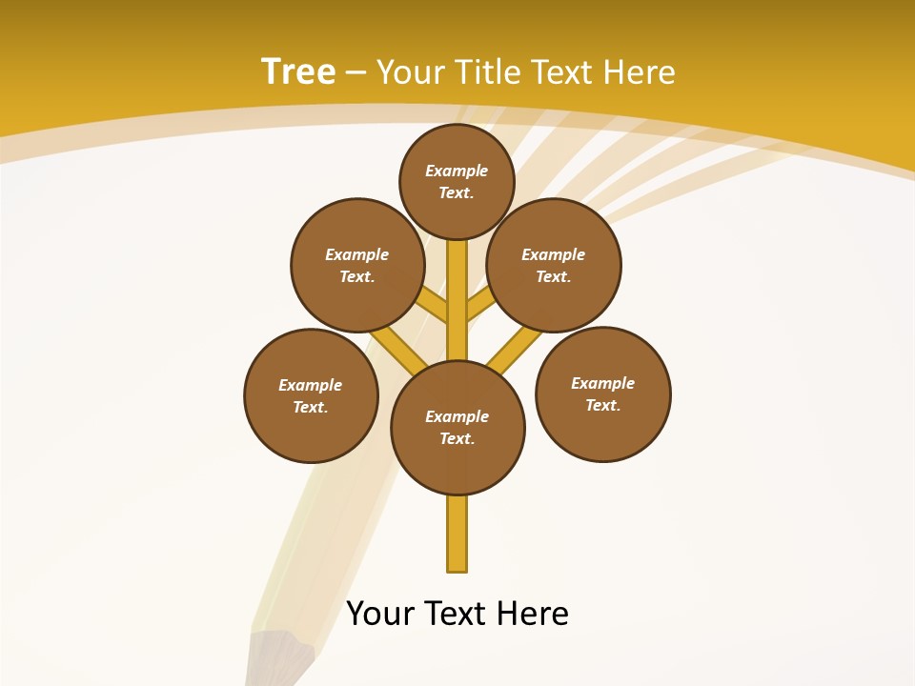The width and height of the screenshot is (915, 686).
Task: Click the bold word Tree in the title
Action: coord(298,71)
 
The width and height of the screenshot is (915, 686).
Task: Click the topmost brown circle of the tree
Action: coord(457,181)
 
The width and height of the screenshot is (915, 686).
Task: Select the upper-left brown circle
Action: coord(357,265)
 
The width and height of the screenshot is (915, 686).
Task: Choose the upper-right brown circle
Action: coord(554,265)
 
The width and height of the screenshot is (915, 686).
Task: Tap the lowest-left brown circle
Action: coord(311,395)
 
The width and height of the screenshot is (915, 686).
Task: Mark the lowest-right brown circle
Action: coord(602,393)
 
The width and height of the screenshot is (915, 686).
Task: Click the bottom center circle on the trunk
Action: coord(457,427)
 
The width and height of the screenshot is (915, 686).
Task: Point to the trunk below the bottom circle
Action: coord(457,534)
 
